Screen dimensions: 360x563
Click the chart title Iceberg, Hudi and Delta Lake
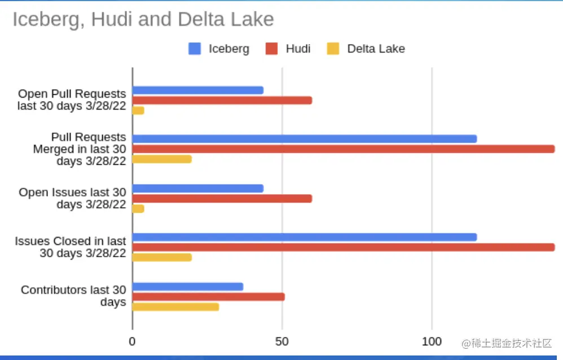(143, 20)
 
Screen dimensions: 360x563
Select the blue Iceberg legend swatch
(195, 49)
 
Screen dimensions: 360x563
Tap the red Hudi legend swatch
(272, 49)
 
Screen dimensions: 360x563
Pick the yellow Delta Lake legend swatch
(333, 49)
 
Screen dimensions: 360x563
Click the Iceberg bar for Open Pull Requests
(197, 90)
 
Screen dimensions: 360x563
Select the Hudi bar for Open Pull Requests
(222, 100)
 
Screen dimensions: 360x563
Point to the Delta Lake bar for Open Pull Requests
(138, 111)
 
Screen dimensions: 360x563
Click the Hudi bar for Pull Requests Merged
(343, 149)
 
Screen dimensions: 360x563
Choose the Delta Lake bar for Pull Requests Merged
(162, 159)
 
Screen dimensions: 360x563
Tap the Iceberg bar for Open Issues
(197, 188)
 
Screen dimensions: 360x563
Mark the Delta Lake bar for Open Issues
(138, 209)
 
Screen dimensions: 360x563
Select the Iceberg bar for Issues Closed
(305, 237)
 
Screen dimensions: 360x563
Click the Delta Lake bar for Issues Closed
(162, 257)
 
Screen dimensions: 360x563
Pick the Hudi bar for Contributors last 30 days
(208, 297)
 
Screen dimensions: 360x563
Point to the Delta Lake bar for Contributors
(175, 307)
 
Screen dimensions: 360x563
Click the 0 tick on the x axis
(133, 341)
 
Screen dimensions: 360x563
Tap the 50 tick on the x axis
(282, 341)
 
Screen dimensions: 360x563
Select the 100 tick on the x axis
(432, 341)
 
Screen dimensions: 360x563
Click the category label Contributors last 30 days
(73, 296)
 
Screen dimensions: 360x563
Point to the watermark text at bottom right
(507, 343)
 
